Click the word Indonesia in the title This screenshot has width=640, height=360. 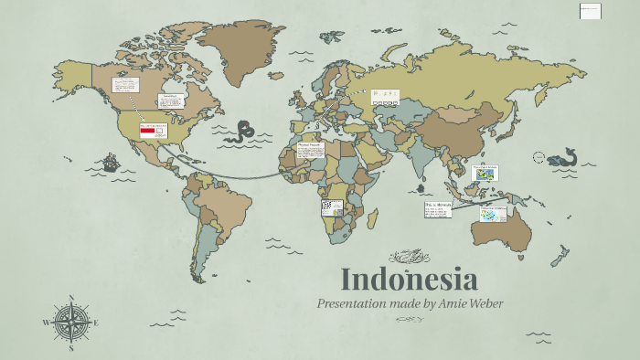click(409, 279)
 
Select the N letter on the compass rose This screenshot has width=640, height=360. click(71, 298)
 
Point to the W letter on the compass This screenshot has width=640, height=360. click(46, 323)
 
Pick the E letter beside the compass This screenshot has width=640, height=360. click(96, 323)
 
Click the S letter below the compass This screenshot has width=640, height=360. click(71, 348)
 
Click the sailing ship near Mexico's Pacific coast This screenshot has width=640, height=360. click(111, 164)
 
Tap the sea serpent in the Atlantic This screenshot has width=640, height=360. click(245, 131)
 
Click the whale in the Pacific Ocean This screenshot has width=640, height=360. click(560, 156)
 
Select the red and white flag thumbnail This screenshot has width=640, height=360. click(146, 132)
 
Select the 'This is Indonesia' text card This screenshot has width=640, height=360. click(438, 209)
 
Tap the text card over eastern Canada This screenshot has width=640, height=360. click(171, 101)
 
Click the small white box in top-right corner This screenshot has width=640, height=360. click(591, 11)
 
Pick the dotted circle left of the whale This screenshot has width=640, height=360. click(539, 157)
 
